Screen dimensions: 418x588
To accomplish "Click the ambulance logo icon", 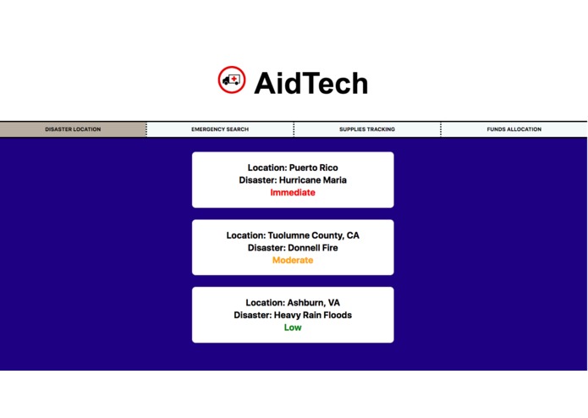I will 231,80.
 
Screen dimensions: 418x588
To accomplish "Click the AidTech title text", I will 310,83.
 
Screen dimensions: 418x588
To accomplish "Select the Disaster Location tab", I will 73,129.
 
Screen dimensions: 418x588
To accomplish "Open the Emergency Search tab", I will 220,129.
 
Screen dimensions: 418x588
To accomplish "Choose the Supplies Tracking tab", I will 367,129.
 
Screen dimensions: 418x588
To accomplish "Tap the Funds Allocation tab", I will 514,129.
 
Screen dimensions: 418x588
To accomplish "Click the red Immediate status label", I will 293,193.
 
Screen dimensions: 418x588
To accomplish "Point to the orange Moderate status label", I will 293,261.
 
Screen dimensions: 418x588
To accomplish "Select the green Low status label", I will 293,328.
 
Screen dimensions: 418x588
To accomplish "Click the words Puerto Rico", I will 313,168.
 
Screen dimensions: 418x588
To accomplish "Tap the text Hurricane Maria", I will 313,180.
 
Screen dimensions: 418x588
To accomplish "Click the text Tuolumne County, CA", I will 313,235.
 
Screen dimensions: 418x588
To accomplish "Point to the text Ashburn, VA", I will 314,303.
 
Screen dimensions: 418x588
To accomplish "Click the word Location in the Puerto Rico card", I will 267,168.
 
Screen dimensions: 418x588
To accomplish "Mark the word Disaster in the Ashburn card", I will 252,316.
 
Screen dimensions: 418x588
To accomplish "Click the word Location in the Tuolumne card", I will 245,235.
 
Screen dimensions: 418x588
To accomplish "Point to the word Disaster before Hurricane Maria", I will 257,180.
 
